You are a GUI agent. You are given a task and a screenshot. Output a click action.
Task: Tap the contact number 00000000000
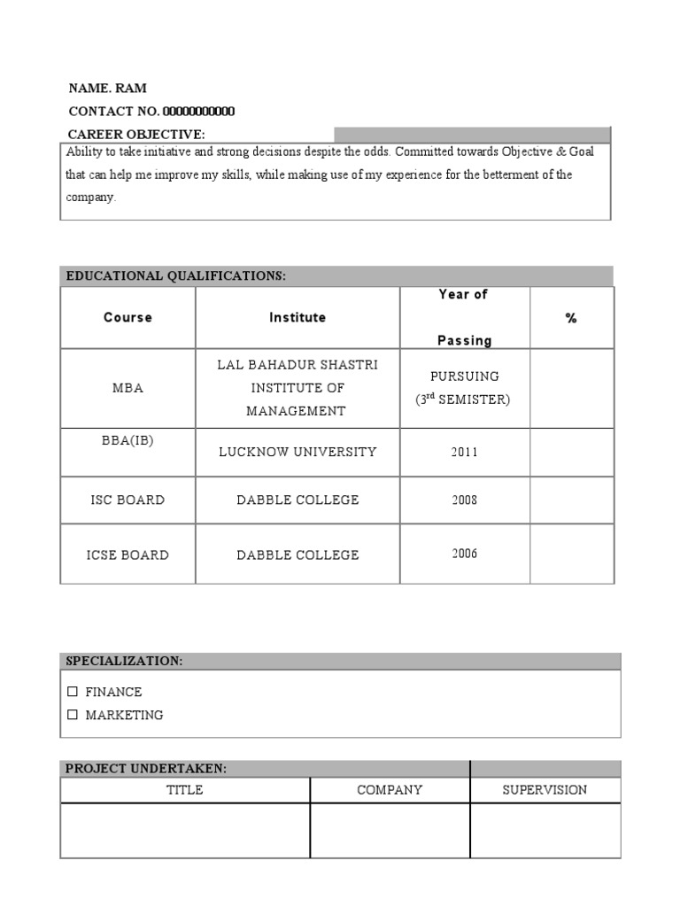tap(198, 112)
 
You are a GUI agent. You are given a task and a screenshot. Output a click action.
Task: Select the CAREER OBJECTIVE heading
tap(136, 135)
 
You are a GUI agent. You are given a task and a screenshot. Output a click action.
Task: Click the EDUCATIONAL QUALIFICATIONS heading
tap(176, 276)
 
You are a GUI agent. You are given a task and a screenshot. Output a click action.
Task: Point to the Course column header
tap(127, 317)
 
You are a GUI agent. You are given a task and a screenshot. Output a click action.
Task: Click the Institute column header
tap(297, 317)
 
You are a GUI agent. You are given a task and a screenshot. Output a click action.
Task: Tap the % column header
tap(571, 318)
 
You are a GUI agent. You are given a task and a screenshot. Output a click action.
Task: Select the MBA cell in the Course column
tap(127, 388)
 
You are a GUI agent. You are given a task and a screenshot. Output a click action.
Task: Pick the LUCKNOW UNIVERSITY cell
tap(297, 452)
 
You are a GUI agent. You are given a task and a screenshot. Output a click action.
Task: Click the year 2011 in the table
tap(464, 452)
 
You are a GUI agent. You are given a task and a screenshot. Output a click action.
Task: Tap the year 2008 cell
tap(464, 500)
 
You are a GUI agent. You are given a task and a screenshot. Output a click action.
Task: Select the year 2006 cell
tap(464, 554)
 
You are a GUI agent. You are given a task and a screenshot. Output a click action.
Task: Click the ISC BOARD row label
tap(127, 500)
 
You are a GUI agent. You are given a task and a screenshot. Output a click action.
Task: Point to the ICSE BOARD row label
tap(127, 554)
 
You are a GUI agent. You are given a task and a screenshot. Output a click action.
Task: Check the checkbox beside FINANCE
tap(73, 692)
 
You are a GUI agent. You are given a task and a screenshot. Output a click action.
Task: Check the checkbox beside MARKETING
tap(73, 715)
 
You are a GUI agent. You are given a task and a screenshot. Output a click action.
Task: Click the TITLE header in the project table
tap(185, 790)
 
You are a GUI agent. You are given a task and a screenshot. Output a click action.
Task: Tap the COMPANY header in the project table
tap(390, 790)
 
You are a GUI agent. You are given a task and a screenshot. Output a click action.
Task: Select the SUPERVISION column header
tap(545, 790)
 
